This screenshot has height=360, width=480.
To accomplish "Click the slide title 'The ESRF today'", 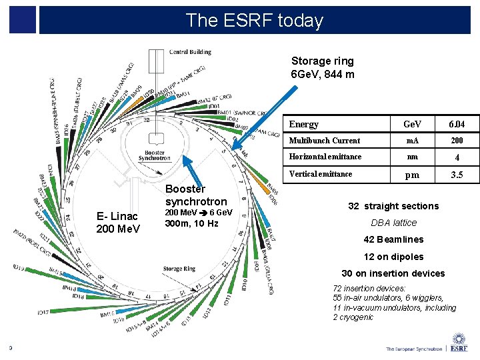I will click(254, 20).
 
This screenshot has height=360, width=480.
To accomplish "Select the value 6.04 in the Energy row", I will click(457, 125).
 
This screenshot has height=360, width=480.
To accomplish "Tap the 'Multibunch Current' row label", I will click(325, 141).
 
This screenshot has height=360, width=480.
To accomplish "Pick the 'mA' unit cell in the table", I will click(413, 141).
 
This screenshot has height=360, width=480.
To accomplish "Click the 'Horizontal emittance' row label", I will click(325, 157).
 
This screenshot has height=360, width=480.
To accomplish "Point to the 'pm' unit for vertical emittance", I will click(413, 175).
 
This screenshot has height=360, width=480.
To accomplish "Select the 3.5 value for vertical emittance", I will click(457, 175).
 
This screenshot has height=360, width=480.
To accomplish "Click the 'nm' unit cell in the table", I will click(413, 157).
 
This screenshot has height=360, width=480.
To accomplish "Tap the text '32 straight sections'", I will click(393, 206).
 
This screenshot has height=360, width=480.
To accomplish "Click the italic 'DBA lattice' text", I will click(393, 223).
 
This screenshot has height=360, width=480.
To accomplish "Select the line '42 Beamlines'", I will click(393, 239).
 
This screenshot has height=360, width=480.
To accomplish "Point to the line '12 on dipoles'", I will click(393, 257).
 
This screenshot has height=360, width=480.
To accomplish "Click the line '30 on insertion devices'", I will click(393, 273).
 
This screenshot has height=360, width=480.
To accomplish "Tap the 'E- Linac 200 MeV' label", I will click(118, 223).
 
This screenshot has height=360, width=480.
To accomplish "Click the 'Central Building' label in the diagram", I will click(190, 52).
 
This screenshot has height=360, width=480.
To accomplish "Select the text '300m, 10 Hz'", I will click(191, 223).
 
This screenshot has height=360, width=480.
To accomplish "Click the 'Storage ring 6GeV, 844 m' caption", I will click(323, 67).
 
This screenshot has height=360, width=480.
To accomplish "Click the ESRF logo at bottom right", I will click(459, 343).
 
